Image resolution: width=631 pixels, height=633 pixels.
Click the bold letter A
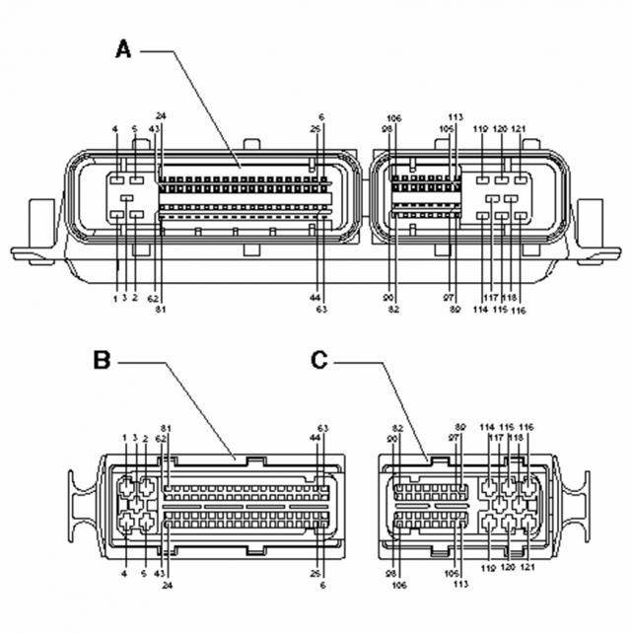(x=123, y=47)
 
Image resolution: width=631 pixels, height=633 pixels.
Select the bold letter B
(x=102, y=361)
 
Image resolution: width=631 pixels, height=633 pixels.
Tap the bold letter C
(x=318, y=360)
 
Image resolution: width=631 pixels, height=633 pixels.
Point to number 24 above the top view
(x=160, y=116)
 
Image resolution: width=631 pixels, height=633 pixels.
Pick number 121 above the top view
(x=519, y=129)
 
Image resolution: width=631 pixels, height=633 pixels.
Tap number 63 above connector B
(x=323, y=427)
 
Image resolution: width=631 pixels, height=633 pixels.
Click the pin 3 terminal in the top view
(x=117, y=212)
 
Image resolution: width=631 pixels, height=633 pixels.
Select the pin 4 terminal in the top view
(x=116, y=180)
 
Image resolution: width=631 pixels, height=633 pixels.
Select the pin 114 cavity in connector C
(x=490, y=487)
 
